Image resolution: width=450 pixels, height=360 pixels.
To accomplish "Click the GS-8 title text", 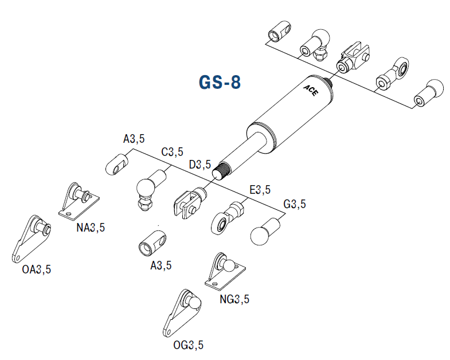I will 220,83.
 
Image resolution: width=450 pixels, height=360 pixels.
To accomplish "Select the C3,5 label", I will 172,152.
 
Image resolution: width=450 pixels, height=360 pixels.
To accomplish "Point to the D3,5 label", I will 200,165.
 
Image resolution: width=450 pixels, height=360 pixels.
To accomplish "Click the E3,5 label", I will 259,190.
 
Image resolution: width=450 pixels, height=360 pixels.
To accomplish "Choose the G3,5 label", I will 295,204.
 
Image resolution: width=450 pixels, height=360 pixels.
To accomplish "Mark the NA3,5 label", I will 91,228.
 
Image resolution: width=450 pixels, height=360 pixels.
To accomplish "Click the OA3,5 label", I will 37,269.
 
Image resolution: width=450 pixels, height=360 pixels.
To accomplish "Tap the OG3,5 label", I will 189,345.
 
